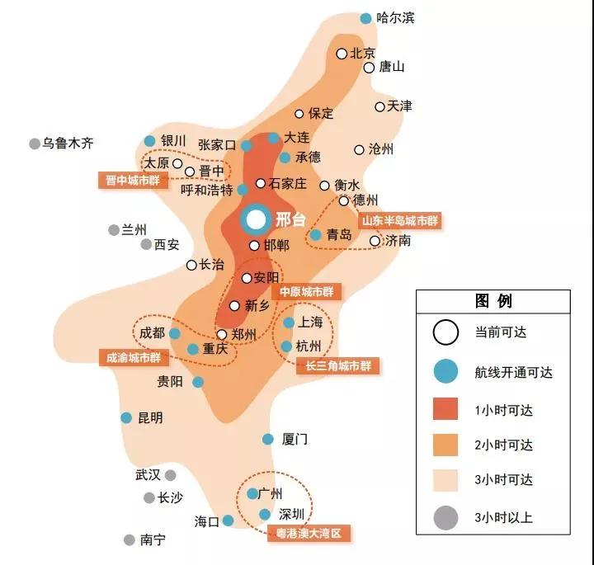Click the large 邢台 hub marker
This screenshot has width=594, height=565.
256,219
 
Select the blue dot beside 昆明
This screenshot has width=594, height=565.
126,418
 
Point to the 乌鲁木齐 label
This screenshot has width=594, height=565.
68,144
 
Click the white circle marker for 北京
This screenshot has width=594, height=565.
342,54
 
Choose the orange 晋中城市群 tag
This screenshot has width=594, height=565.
133,179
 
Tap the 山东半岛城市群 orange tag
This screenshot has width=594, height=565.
400,221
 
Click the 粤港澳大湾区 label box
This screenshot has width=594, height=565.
309,534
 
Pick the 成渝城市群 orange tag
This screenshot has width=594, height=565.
133,358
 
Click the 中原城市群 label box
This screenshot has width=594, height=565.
309,292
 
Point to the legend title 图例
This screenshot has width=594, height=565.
493,301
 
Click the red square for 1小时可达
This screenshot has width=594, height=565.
445,408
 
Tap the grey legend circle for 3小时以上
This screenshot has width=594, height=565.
445,517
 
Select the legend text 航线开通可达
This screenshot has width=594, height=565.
513,373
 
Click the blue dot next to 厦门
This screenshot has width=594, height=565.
268,440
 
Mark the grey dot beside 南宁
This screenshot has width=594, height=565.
129,540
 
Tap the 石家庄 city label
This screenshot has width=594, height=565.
288,184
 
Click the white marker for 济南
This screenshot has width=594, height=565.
375,241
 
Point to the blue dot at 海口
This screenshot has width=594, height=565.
228,520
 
